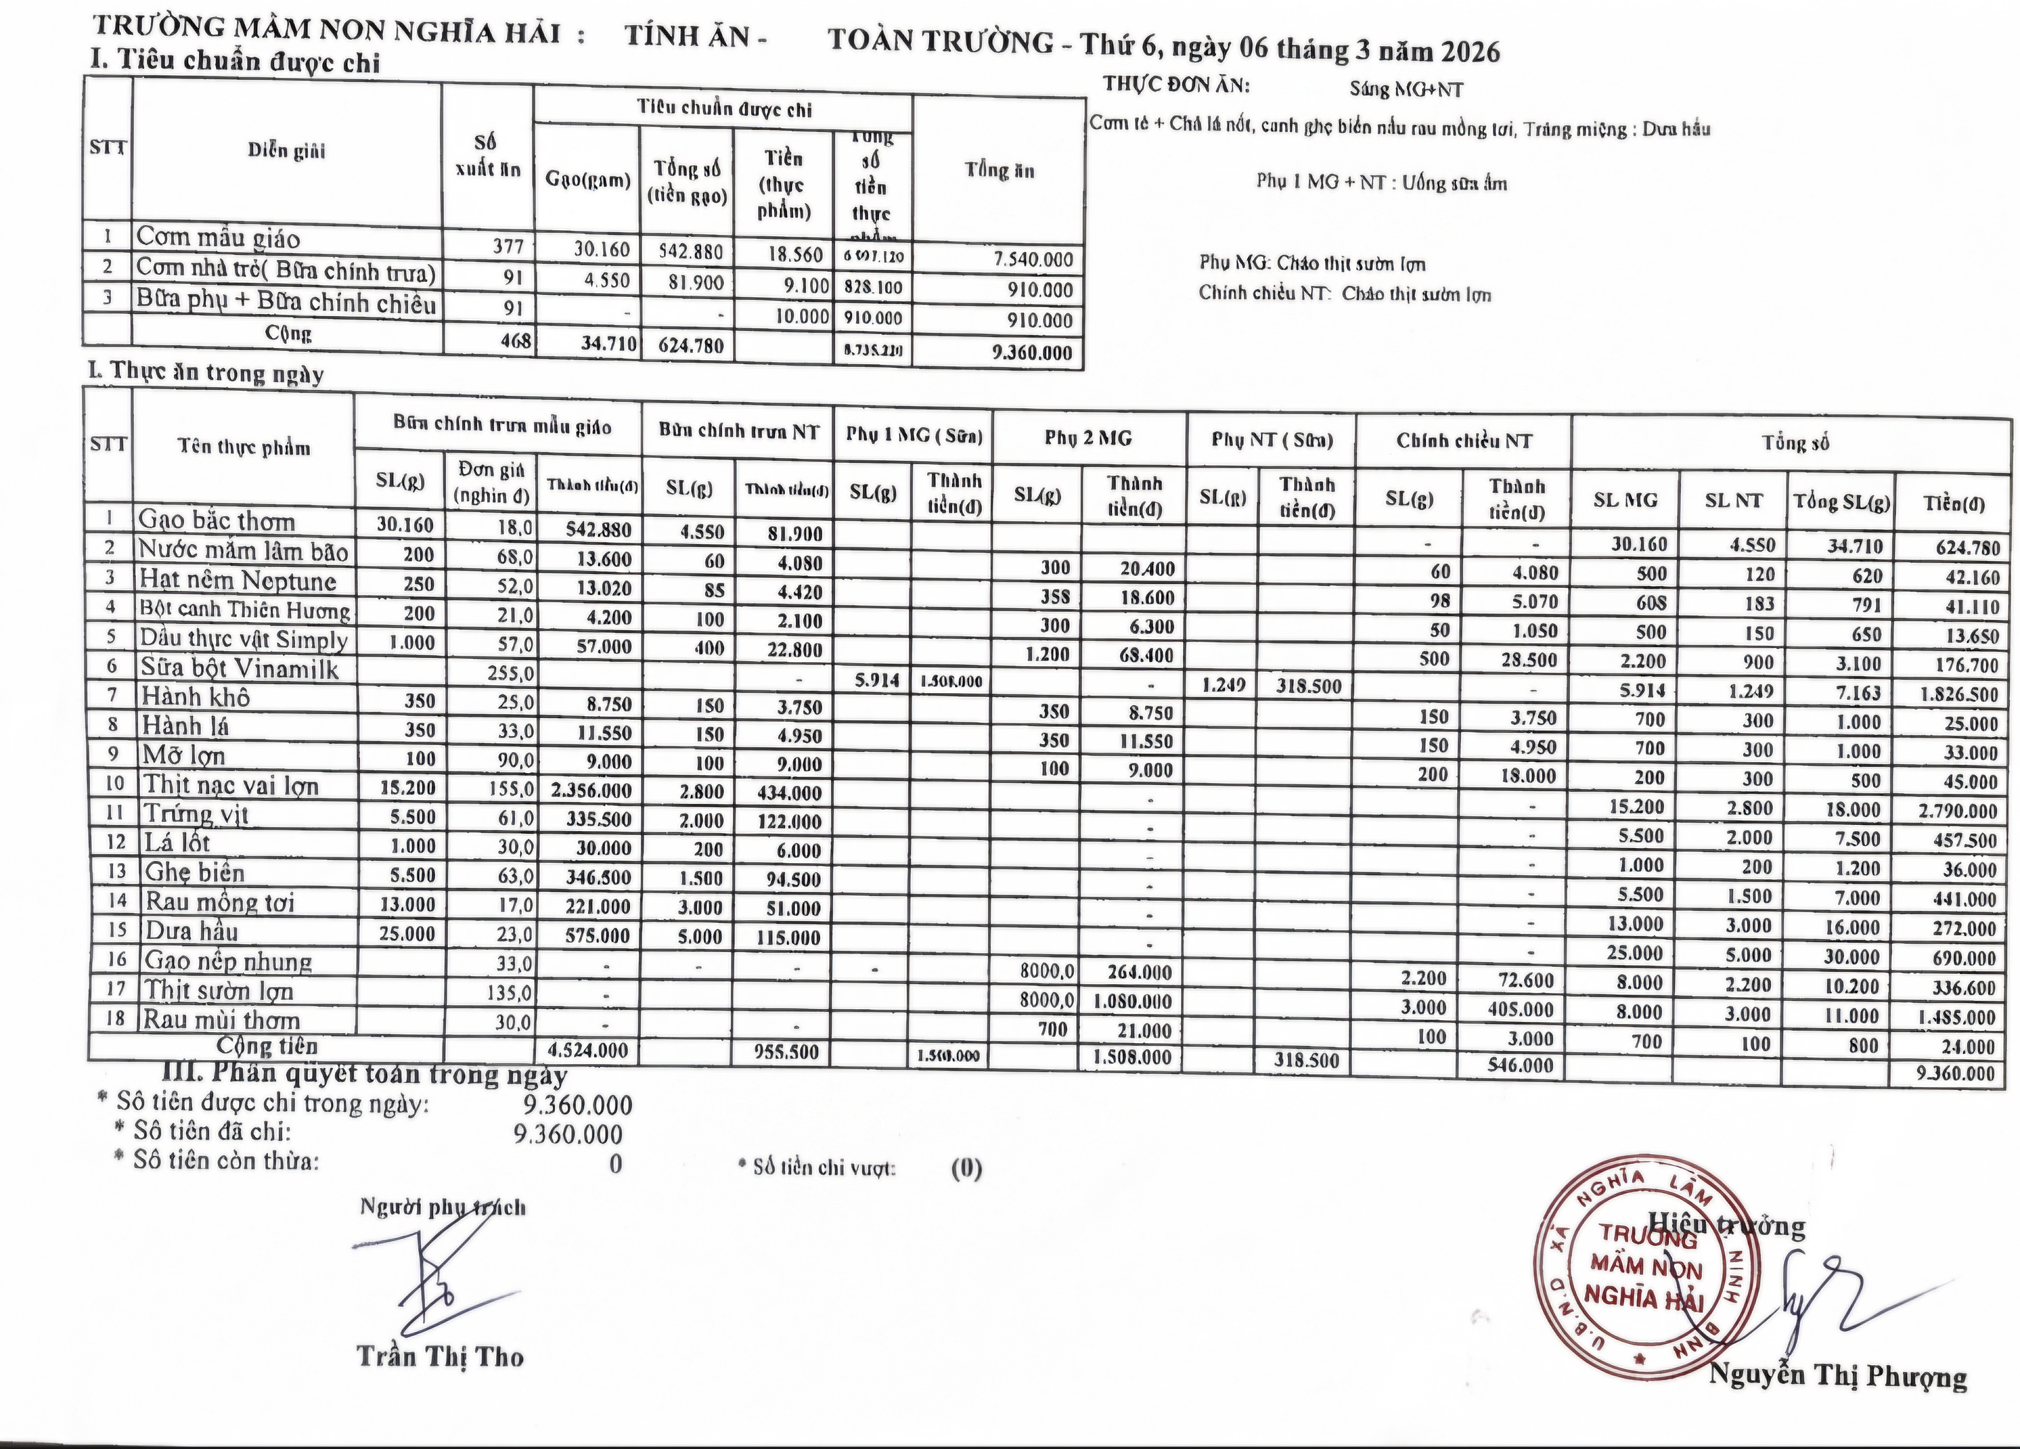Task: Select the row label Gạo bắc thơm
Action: coord(217,520)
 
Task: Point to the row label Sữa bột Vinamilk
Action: coord(239,668)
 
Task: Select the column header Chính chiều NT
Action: coord(1463,440)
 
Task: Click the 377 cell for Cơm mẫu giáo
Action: coord(508,246)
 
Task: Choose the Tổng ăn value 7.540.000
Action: coord(1033,259)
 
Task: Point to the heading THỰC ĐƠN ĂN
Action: coord(1176,85)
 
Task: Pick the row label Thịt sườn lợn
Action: coord(219,990)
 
